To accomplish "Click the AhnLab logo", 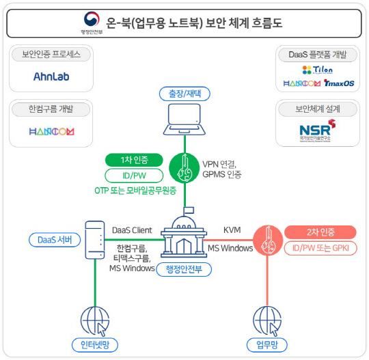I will click(51, 77).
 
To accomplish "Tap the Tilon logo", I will click(316, 70).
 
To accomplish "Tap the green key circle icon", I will click(184, 166).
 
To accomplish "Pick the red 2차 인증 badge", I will click(319, 232).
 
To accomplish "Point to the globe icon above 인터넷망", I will click(94, 319).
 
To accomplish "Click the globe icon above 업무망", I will click(266, 319).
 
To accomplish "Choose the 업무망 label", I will click(266, 344).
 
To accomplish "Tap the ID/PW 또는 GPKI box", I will click(319, 248).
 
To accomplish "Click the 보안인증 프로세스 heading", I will click(56, 53).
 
